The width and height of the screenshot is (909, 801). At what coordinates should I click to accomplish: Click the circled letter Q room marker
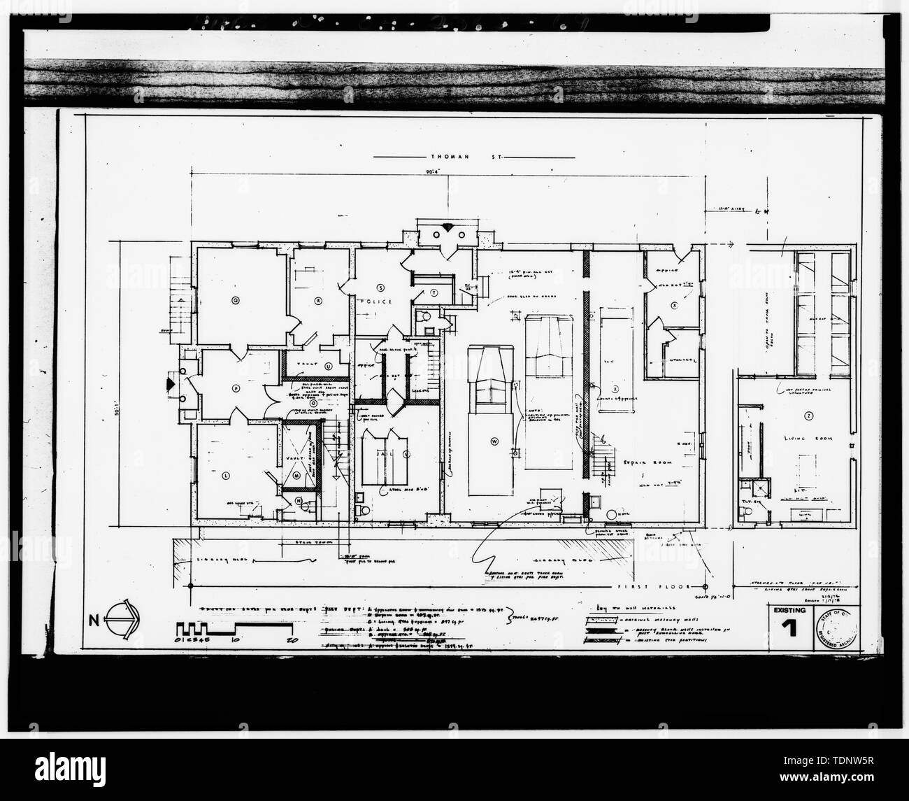(236, 299)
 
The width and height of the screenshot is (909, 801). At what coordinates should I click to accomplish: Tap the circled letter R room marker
(317, 300)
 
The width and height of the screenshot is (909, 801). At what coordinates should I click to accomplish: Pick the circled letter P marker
(236, 387)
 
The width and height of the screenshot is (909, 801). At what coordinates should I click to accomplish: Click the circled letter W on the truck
(494, 441)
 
